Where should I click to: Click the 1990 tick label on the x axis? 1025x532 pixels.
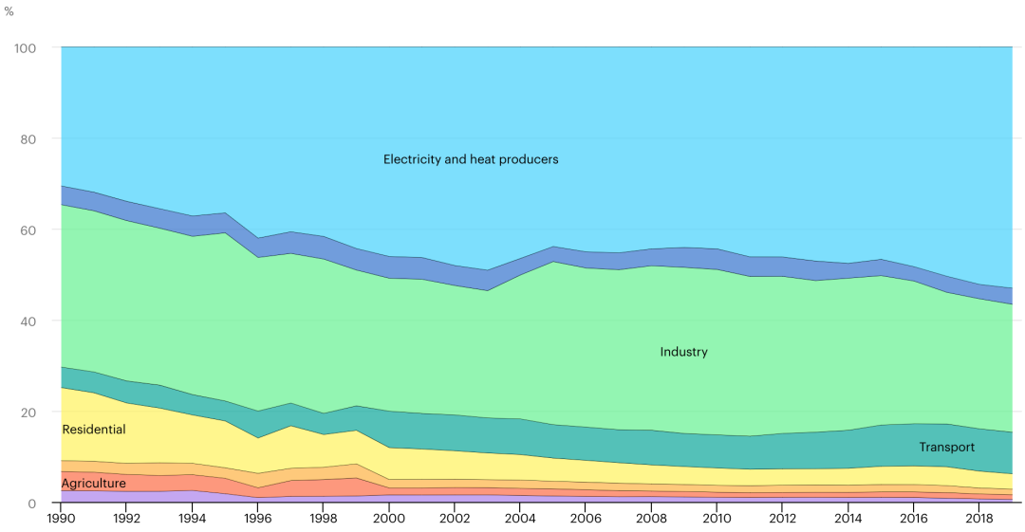(x=61, y=520)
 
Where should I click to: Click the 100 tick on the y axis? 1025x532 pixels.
(x=26, y=47)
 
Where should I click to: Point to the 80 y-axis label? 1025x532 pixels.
(x=29, y=139)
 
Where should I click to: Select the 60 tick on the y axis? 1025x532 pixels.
(x=29, y=230)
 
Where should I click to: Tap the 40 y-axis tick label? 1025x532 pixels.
(x=29, y=321)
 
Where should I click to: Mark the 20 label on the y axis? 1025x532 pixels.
(x=29, y=413)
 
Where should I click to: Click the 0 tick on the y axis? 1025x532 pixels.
(x=32, y=504)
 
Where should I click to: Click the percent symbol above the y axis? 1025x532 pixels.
(x=9, y=11)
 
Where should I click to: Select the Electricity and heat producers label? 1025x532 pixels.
(x=471, y=159)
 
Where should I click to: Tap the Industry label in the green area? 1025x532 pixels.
(x=683, y=352)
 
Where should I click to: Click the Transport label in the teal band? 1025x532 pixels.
(x=946, y=447)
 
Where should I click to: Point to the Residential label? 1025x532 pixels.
(x=93, y=430)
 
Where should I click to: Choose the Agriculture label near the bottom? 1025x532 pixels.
(x=93, y=484)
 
